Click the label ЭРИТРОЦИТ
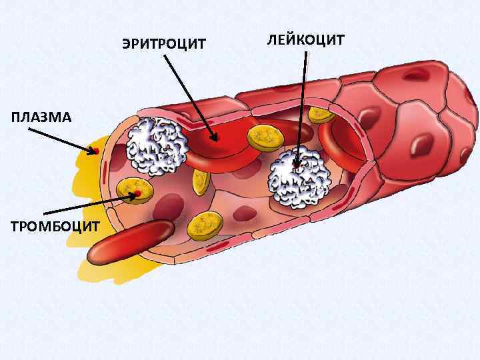coord(164,45)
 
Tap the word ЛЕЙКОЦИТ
coord(305,39)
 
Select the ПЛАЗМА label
coord(40,118)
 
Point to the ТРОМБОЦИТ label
coord(55,227)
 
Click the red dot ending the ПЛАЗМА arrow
coord(95,151)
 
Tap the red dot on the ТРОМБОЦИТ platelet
coord(137,194)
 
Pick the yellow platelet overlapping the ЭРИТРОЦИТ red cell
coord(266,137)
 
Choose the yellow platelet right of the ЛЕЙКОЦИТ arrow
coord(321,114)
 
